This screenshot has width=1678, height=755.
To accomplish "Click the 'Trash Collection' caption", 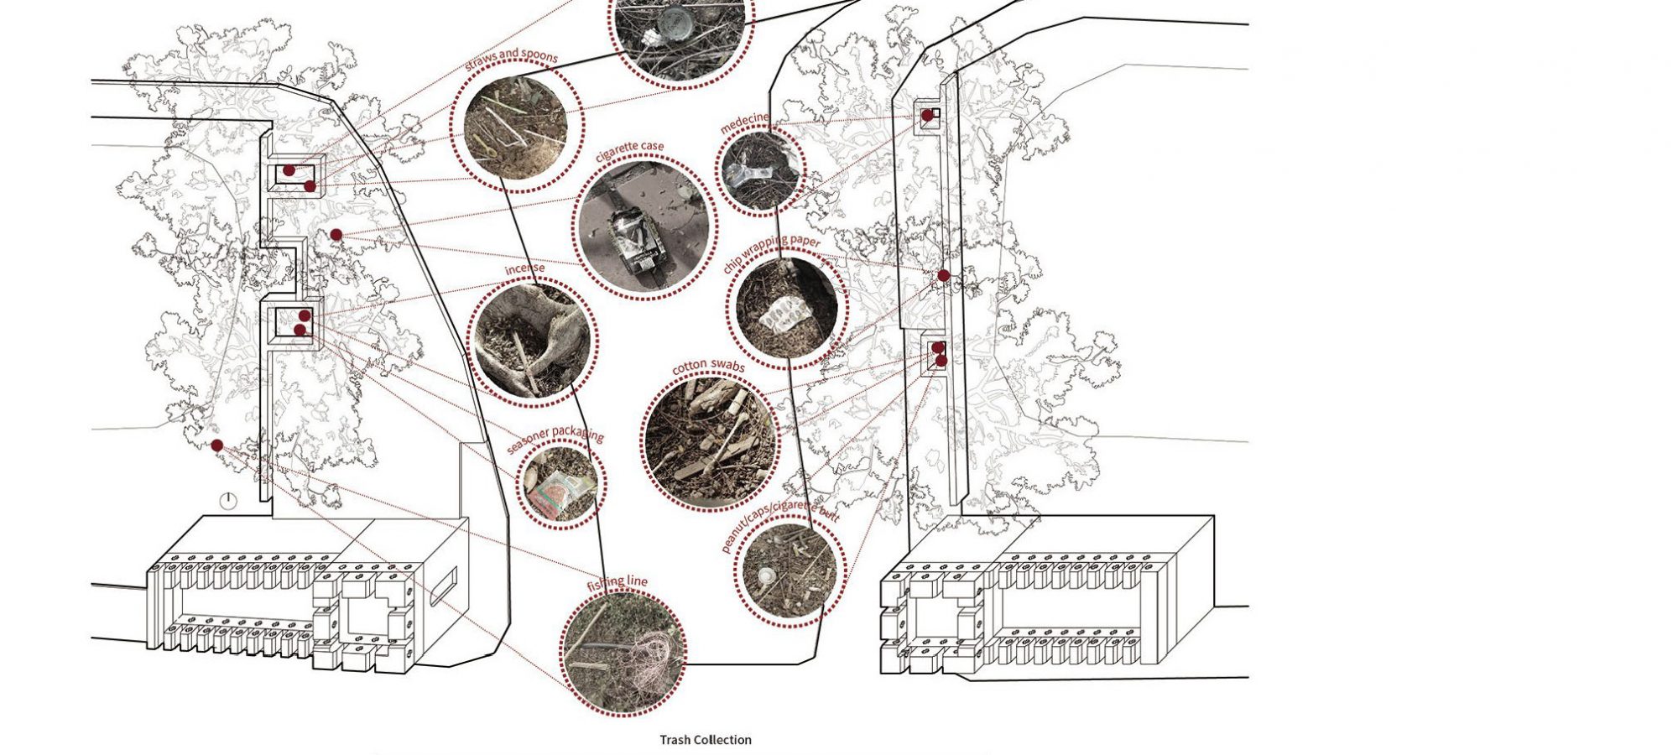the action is coord(705,740).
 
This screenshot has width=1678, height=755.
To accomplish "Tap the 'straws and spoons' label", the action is coord(511,60).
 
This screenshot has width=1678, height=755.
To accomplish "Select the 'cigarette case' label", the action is coord(629,151).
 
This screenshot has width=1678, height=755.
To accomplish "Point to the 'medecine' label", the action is coord(743,123).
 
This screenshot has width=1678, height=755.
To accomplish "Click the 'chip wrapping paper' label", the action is coord(771,254).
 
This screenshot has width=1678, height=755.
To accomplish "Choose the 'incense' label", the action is coord(524,269).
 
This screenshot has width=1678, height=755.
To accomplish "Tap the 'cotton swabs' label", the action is coord(708,366).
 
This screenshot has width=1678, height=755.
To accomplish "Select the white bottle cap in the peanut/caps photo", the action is coord(766,576).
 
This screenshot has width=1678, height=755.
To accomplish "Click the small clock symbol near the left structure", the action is coord(228,502).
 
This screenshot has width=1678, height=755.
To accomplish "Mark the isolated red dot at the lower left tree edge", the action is coord(216,445).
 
